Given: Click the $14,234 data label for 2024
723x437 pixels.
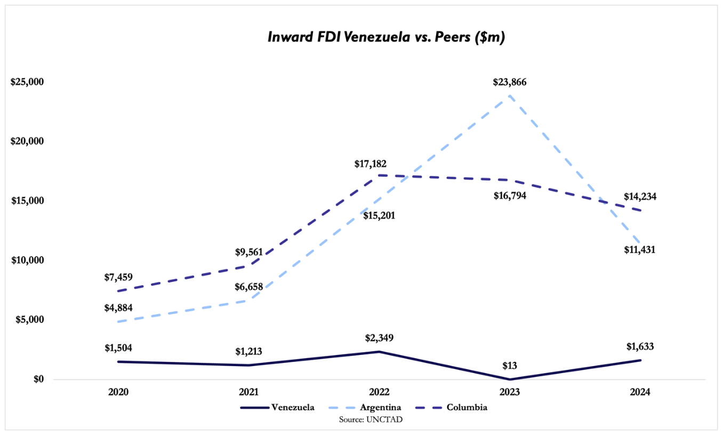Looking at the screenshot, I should [640, 197].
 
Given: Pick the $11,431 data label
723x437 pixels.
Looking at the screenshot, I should [640, 249].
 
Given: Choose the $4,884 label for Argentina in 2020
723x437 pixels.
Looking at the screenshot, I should [118, 307].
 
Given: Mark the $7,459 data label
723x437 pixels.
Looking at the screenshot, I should [118, 277].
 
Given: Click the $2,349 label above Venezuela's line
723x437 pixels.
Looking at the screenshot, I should [379, 338].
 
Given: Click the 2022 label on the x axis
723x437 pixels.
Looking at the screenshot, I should [379, 392].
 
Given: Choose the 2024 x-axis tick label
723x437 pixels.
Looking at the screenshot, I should [640, 392].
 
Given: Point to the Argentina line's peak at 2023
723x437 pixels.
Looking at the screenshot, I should [510, 96].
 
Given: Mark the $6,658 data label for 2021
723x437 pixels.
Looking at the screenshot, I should [249, 287].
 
